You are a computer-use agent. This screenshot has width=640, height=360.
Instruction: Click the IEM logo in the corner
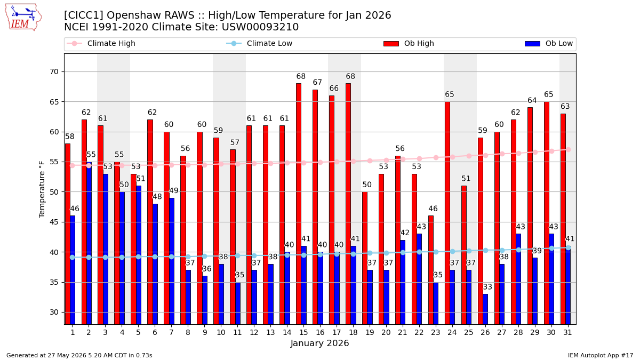pos(23,18)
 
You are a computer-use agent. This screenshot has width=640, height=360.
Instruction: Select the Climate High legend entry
pos(101,43)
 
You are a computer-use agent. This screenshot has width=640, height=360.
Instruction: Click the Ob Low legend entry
pos(549,43)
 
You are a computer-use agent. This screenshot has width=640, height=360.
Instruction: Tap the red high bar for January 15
pos(299,204)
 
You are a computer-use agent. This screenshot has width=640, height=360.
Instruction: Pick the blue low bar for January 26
pos(485,309)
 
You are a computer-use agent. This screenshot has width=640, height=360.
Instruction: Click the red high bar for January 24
pos(447,213)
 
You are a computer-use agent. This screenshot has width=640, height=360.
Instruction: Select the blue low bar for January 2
pos(89,243)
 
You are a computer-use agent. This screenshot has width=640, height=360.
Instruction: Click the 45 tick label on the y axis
pos(54,222)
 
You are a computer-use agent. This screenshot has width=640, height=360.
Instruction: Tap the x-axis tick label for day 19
pos(370,333)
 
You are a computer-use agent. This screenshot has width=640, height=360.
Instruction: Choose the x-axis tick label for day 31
pos(567,333)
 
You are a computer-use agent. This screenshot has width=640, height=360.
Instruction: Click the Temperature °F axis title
pos(42,190)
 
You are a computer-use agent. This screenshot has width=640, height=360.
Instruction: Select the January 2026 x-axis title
pos(319,343)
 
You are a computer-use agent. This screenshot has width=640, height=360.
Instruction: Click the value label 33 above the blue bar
pos(487,287)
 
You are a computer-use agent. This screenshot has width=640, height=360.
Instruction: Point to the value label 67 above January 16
pos(317,82)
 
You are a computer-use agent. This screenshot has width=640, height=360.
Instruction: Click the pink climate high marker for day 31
pos(569,149)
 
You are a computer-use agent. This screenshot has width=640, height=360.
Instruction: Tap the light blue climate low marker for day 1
pos(73,258)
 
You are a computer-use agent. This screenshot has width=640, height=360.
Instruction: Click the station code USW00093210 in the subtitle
pos(260,27)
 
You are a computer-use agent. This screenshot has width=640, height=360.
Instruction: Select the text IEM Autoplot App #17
pos(601,355)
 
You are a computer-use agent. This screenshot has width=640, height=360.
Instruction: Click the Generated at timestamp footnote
pos(79,355)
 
